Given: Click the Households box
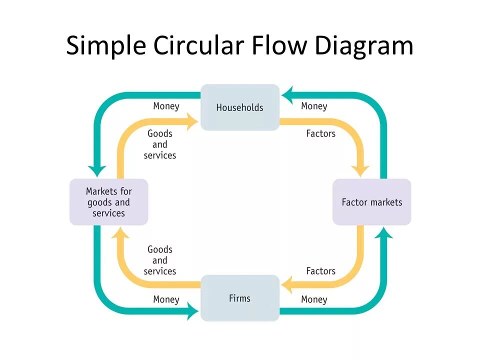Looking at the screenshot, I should pyautogui.click(x=239, y=107).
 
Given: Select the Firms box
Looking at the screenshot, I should pyautogui.click(x=239, y=298).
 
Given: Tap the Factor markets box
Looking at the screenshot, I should pyautogui.click(x=371, y=202).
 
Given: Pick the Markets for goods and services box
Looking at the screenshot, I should pyautogui.click(x=108, y=202).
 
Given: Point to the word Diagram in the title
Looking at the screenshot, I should pyautogui.click(x=364, y=46).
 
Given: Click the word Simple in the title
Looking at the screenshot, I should pyautogui.click(x=106, y=46).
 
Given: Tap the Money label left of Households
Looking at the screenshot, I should pyautogui.click(x=166, y=106).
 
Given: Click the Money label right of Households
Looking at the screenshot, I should pyautogui.click(x=314, y=106).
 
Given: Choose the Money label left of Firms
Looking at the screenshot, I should pyautogui.click(x=166, y=299).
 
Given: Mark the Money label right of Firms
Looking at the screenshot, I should pyautogui.click(x=314, y=299).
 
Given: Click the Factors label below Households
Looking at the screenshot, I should pyautogui.click(x=321, y=133).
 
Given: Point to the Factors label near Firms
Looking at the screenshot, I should pyautogui.click(x=321, y=271).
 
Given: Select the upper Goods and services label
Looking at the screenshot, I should pyautogui.click(x=160, y=144).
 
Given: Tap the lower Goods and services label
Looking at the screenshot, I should pyautogui.click(x=160, y=260).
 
